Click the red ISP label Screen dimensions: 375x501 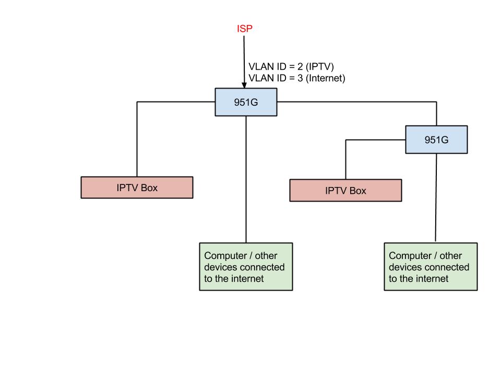pos(244,29)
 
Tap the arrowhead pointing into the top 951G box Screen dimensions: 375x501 pos(244,85)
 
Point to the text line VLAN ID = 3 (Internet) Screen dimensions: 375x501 pos(296,78)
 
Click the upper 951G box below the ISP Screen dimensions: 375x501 pos(246,102)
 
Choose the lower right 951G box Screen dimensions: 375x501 pos(436,140)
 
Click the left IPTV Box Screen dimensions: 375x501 pos(137,187)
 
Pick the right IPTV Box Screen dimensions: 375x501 pos(345,191)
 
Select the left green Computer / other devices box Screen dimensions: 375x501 pos(246,266)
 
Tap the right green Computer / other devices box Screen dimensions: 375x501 pos(431,266)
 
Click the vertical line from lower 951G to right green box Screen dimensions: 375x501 pos(436,198)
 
